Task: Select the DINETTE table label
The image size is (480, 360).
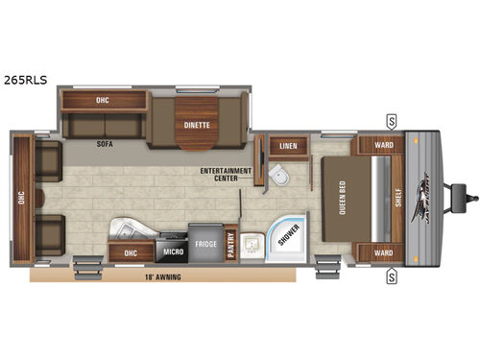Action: point(197,123)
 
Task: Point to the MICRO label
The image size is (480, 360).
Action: point(173,252)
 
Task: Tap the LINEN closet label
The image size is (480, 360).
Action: point(287,146)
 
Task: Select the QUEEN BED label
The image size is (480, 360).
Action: point(343,197)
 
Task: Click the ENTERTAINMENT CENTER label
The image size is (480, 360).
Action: point(226,173)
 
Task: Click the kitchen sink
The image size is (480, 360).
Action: point(131,229)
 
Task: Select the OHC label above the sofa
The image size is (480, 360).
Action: point(104,99)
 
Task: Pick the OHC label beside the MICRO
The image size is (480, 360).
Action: point(130,252)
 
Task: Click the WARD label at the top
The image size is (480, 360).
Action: point(383,146)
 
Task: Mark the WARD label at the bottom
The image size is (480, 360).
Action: point(383,252)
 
